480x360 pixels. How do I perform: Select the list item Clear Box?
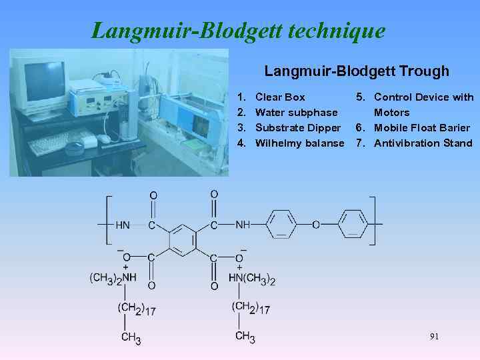tap(280, 97)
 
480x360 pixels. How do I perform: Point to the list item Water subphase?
tap(296, 113)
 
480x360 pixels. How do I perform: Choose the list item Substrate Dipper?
tap(299, 127)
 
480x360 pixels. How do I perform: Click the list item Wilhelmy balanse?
tap(299, 143)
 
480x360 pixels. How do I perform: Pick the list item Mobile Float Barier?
tap(421, 127)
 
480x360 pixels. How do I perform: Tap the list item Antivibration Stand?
tap(423, 143)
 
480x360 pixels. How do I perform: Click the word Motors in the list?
tap(391, 113)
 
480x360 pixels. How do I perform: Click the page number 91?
tap(434, 337)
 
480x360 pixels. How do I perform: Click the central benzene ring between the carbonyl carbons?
tap(182, 238)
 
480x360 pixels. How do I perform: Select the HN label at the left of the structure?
tap(123, 225)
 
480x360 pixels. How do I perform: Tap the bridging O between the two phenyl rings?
tap(316, 225)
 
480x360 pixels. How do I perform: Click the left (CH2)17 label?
tap(137, 309)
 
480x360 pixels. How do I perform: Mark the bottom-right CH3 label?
tap(245, 337)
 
